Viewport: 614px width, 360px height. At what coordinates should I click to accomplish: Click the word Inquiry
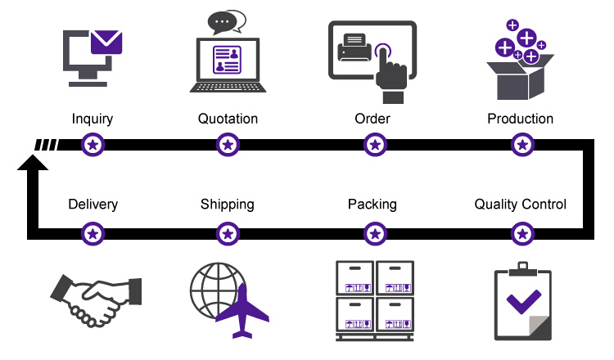[93, 119]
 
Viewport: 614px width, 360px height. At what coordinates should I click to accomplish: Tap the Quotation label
[228, 119]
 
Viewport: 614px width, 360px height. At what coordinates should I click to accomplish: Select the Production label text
[521, 119]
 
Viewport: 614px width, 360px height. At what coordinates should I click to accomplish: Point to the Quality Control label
[521, 205]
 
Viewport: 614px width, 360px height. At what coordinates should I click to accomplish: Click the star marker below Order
[375, 145]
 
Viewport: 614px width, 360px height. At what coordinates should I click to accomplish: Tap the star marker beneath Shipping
[228, 234]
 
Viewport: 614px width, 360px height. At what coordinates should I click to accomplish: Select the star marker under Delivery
[93, 234]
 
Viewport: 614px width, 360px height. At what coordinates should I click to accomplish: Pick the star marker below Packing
[375, 234]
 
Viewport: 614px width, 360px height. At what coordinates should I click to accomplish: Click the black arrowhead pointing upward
[33, 163]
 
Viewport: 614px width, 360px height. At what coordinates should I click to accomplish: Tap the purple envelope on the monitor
[106, 42]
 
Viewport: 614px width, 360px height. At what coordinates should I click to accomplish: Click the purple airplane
[242, 312]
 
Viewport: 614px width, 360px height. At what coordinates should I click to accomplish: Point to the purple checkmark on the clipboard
[524, 301]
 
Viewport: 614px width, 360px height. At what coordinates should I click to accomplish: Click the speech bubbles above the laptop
[227, 22]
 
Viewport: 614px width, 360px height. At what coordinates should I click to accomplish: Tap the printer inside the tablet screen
[354, 47]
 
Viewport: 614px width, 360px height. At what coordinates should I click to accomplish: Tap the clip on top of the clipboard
[523, 269]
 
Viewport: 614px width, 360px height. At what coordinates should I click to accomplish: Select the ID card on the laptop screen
[227, 60]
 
